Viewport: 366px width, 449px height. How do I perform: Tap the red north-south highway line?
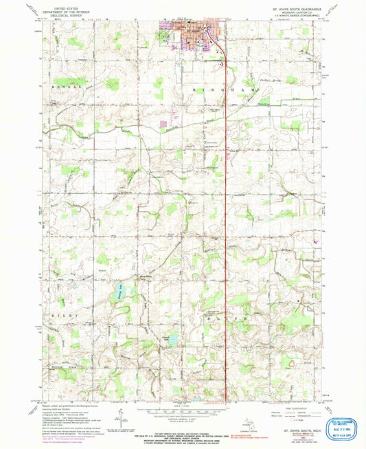(x=227, y=206)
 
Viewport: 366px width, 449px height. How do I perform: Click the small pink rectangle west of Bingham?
(x=165, y=125)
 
